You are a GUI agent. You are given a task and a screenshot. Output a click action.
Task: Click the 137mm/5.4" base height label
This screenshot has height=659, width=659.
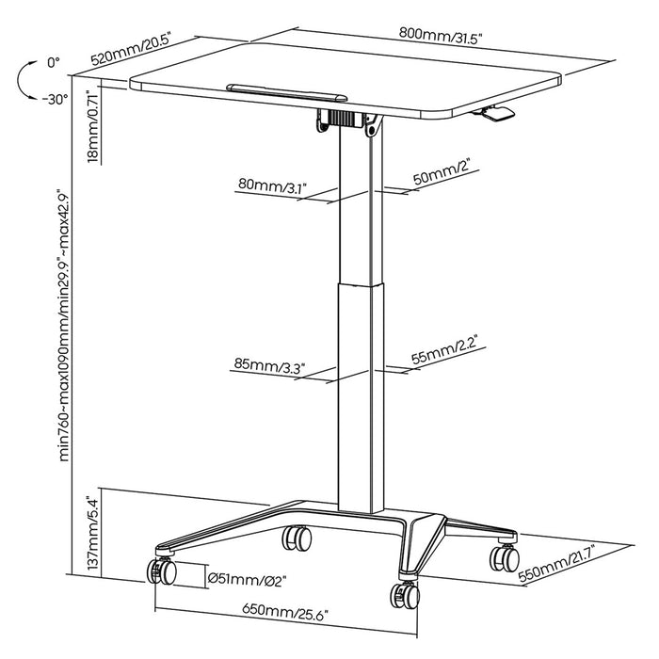(x=91, y=535)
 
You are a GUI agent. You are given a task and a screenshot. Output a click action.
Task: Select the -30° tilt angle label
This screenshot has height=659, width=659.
(x=55, y=97)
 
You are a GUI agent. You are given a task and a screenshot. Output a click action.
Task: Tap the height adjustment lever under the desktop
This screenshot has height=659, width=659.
(x=496, y=114)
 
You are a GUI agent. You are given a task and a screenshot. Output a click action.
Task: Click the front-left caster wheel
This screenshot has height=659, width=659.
(x=158, y=571)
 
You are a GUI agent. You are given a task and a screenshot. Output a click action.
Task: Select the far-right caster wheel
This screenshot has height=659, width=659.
(x=504, y=557)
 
